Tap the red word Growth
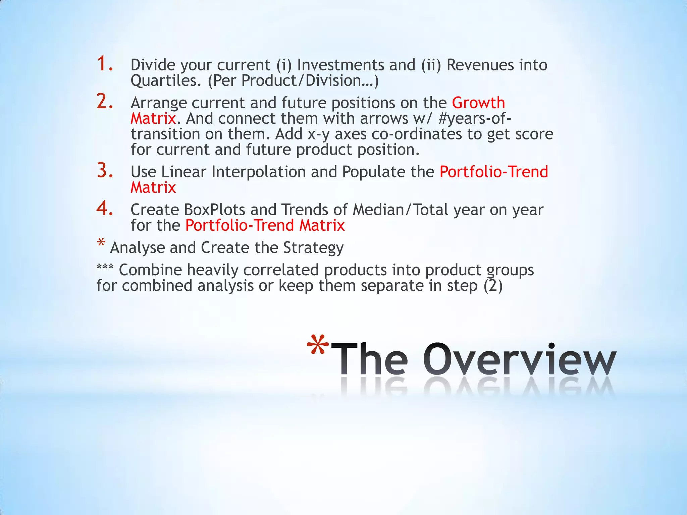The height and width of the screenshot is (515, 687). [478, 103]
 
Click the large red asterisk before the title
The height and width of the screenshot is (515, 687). [318, 346]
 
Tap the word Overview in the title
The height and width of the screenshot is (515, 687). [519, 360]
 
